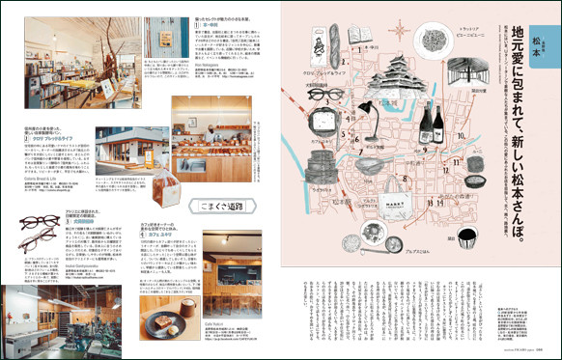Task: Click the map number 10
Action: coord(462,137)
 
